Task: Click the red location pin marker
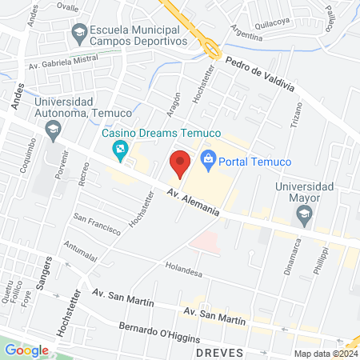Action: click(x=180, y=163)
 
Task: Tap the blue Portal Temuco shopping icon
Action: click(x=209, y=161)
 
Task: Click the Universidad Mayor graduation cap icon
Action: click(x=303, y=214)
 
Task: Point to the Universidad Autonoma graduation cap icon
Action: click(x=53, y=129)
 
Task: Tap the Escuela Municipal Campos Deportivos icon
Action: click(x=79, y=33)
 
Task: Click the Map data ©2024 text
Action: click(x=324, y=354)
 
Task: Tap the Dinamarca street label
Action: click(x=289, y=257)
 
